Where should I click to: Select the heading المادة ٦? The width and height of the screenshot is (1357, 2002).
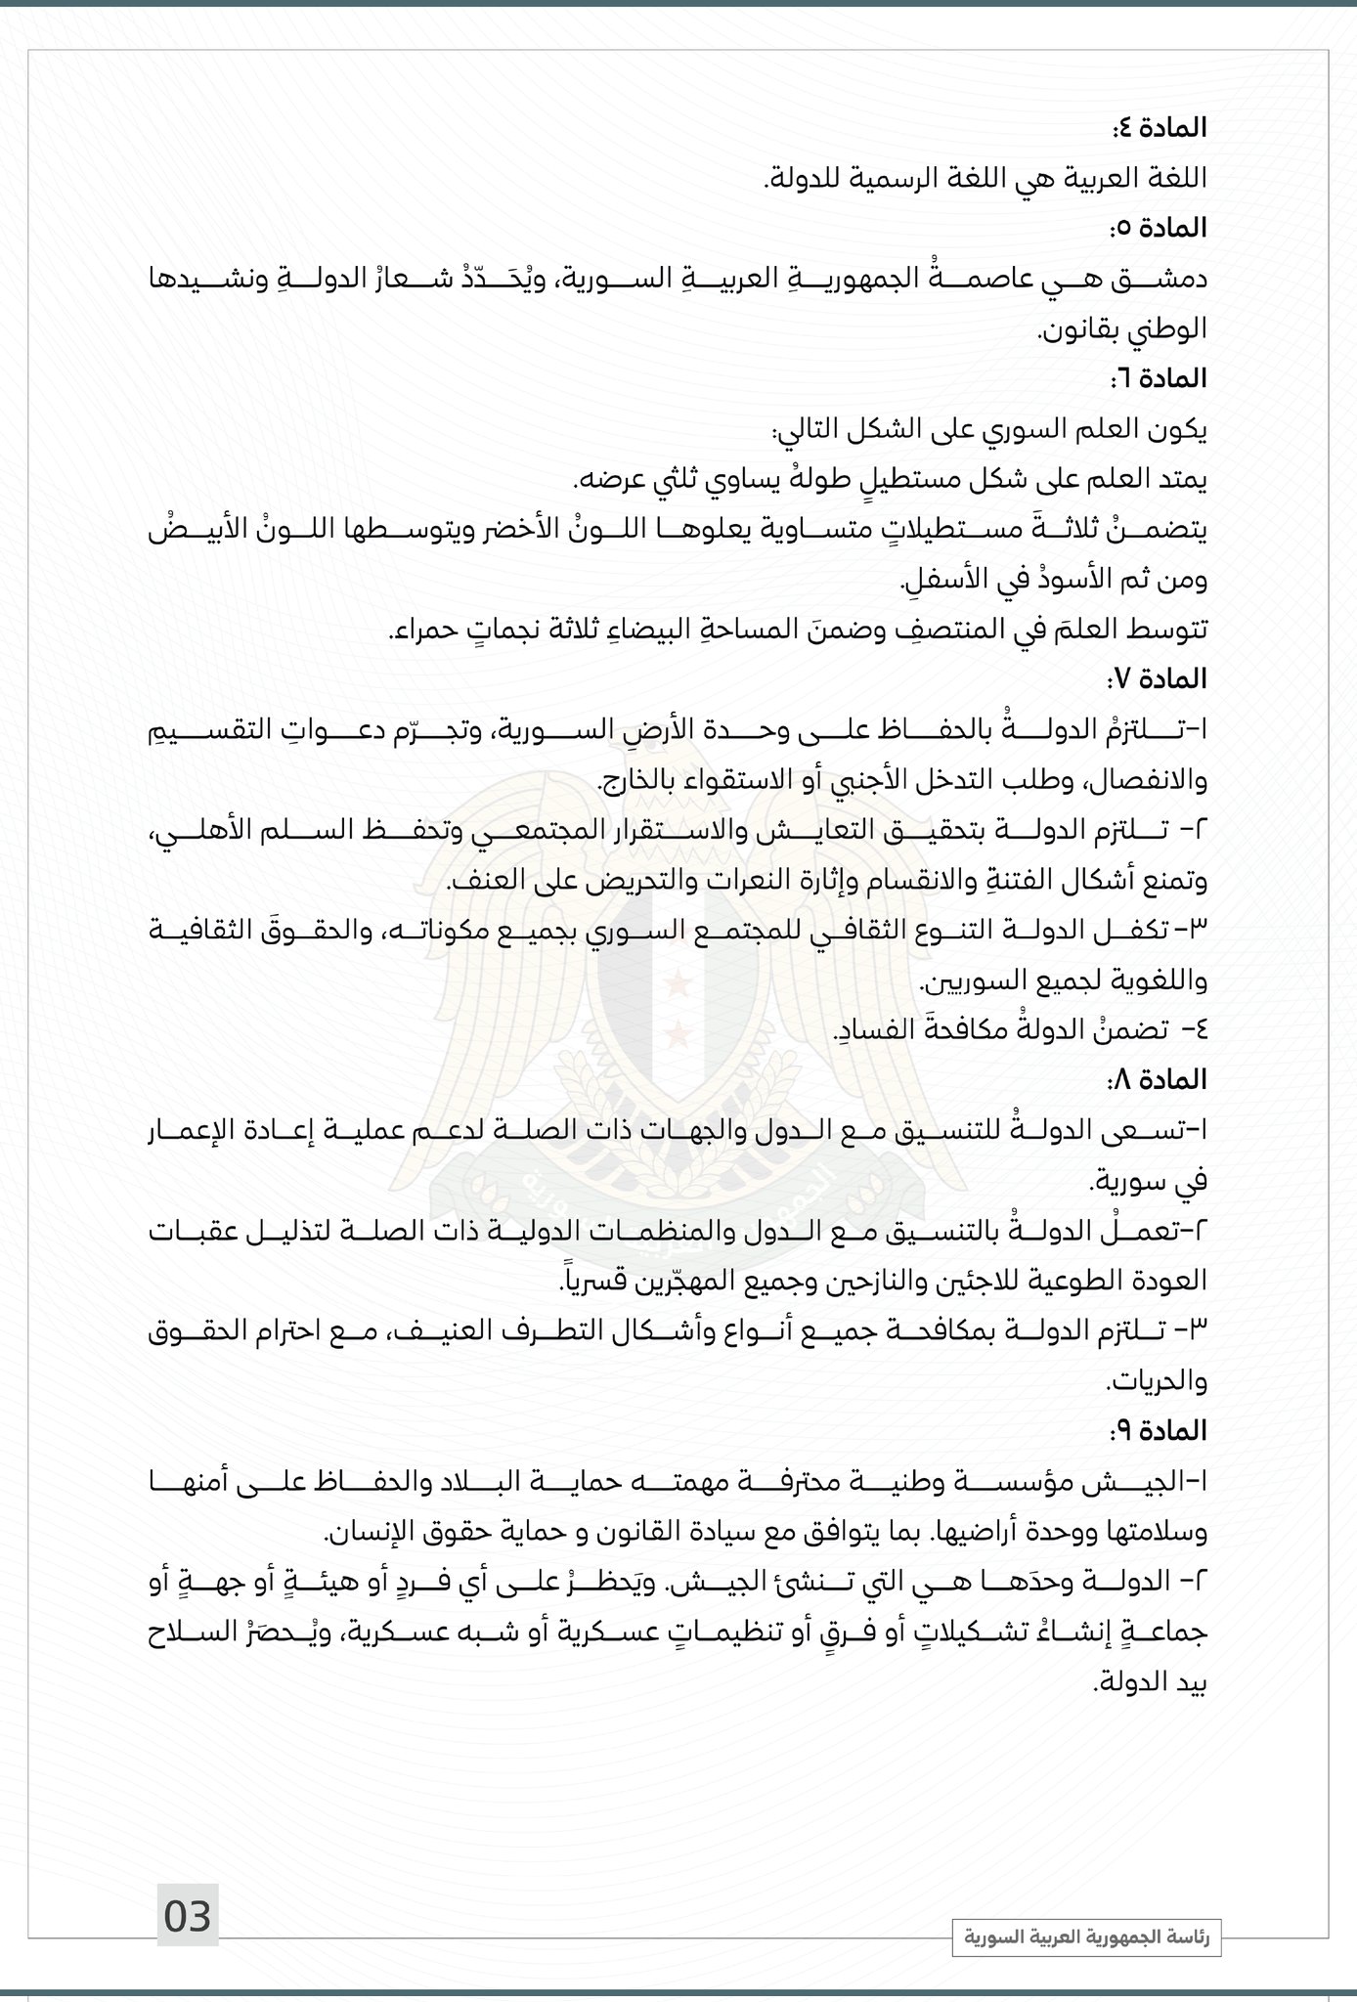coord(1160,377)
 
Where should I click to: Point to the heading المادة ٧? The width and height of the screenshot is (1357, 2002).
coord(1160,677)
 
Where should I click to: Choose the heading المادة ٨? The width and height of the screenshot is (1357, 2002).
coord(1160,1079)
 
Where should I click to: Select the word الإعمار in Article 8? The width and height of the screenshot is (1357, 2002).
coord(1164,1130)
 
